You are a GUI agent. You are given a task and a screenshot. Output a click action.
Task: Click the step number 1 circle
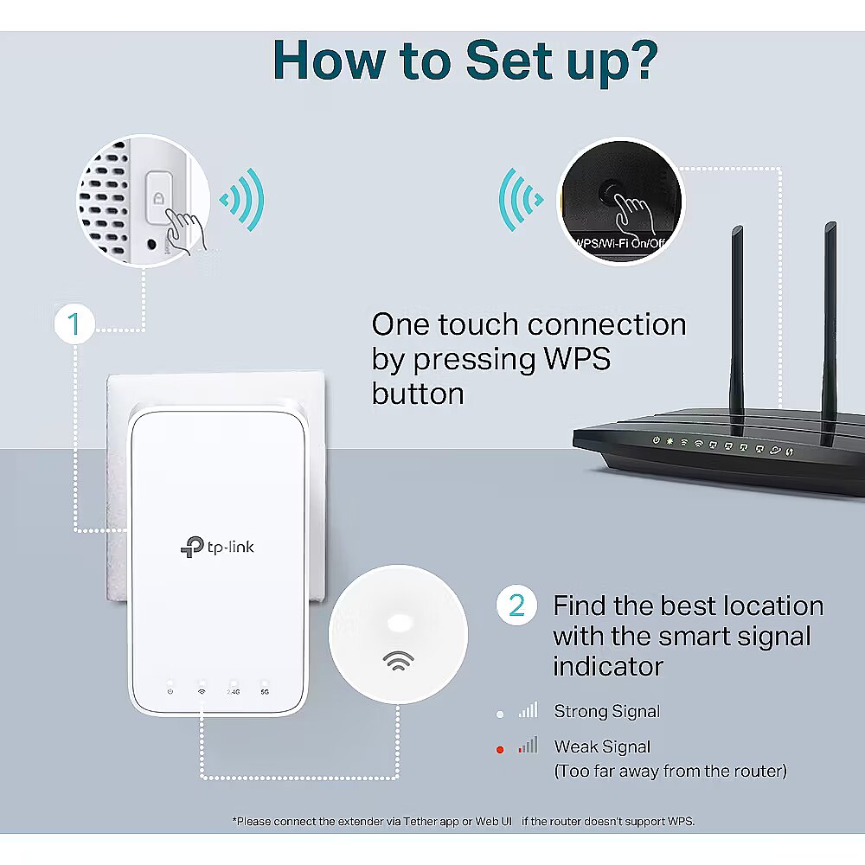point(74,325)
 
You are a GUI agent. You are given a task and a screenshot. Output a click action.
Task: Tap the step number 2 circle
point(516,606)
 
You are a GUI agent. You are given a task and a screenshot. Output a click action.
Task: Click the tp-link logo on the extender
point(217,546)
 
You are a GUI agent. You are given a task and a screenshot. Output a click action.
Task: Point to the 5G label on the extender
point(265,692)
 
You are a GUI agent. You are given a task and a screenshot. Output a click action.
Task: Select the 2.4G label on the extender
point(234,692)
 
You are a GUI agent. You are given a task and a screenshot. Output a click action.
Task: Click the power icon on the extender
point(170,692)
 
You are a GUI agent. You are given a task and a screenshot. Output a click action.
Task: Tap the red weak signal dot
point(500,749)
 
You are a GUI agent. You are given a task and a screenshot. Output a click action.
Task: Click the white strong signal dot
point(500,714)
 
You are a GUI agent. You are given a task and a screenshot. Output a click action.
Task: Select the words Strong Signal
point(606,712)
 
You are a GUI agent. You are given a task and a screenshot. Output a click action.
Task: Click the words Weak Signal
point(602,746)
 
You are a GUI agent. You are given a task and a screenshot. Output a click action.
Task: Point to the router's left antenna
point(737,329)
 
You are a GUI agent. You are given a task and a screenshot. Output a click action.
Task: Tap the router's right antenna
point(830,329)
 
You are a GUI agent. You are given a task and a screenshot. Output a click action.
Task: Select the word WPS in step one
point(569,359)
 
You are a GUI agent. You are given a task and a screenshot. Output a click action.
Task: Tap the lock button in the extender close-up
point(158,198)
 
